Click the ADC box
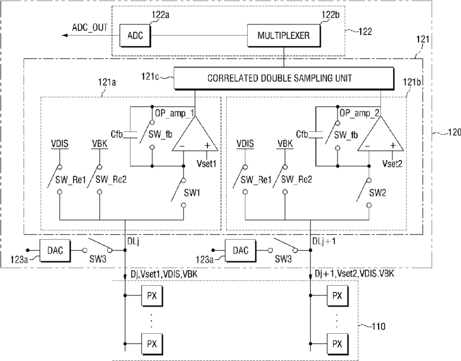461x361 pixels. (135, 36)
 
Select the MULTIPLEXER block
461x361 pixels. (284, 36)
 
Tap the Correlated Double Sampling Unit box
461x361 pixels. (284, 78)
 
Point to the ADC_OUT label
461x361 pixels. (90, 28)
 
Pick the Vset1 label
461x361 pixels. (207, 164)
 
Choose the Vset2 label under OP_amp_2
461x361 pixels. (392, 164)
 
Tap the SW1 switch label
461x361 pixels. (192, 193)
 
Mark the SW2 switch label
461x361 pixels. (378, 193)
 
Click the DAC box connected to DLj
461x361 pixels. (55, 250)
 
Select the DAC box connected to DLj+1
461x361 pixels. (241, 250)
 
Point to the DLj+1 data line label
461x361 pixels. (323, 241)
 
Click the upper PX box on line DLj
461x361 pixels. (152, 295)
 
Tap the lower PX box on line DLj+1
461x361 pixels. (337, 344)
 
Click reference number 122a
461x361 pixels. (160, 14)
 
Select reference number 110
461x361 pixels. (379, 327)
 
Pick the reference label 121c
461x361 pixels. (150, 76)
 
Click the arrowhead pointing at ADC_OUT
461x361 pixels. (65, 36)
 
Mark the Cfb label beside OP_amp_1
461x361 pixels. (116, 134)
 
